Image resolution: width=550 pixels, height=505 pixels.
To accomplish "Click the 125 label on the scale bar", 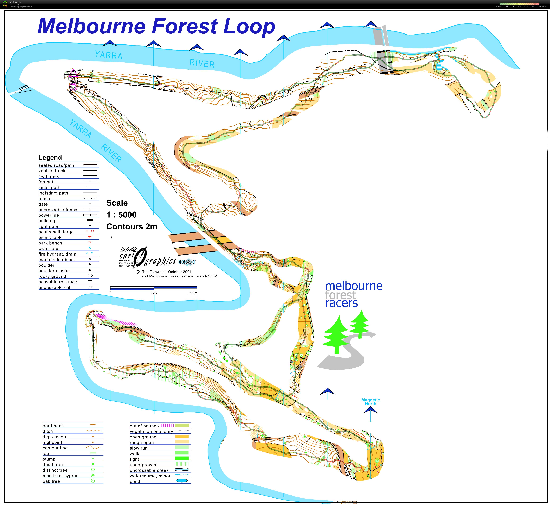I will tap(154, 293).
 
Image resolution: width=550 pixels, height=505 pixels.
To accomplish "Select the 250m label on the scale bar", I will tap(193, 293).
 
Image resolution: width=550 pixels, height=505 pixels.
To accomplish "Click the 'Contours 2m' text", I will tap(132, 227).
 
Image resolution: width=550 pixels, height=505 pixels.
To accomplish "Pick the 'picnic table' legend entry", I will tap(51, 237).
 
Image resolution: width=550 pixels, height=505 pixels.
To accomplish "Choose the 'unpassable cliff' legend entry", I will tap(55, 287).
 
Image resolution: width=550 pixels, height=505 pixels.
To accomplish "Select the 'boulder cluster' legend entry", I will tap(54, 271).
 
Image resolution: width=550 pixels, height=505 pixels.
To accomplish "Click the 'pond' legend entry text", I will tap(135, 481).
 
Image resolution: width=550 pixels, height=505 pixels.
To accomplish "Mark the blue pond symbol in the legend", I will tap(182, 481).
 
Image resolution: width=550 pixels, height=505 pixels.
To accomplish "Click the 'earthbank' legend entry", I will tap(53, 426).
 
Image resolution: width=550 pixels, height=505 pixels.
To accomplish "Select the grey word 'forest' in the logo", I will tap(341, 295).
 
